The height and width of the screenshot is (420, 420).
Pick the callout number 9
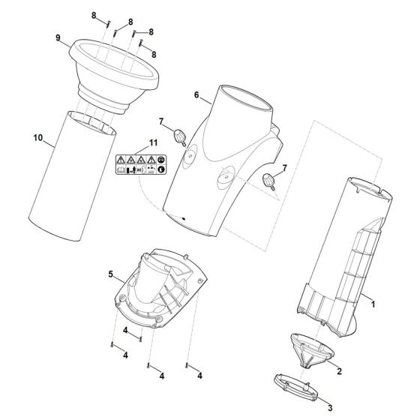coord(56,37)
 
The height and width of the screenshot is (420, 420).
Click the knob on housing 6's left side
coord(180,136)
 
